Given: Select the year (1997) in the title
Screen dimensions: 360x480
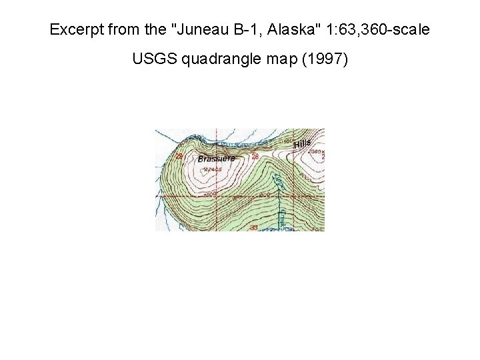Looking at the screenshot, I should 327,61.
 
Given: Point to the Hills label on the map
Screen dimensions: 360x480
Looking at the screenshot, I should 302,142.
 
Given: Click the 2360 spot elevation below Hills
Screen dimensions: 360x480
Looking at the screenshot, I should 317,152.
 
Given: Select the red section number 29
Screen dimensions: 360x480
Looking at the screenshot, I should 178,156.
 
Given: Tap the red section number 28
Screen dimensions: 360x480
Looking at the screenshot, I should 255,156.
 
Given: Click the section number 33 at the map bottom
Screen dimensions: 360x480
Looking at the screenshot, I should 254,227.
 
